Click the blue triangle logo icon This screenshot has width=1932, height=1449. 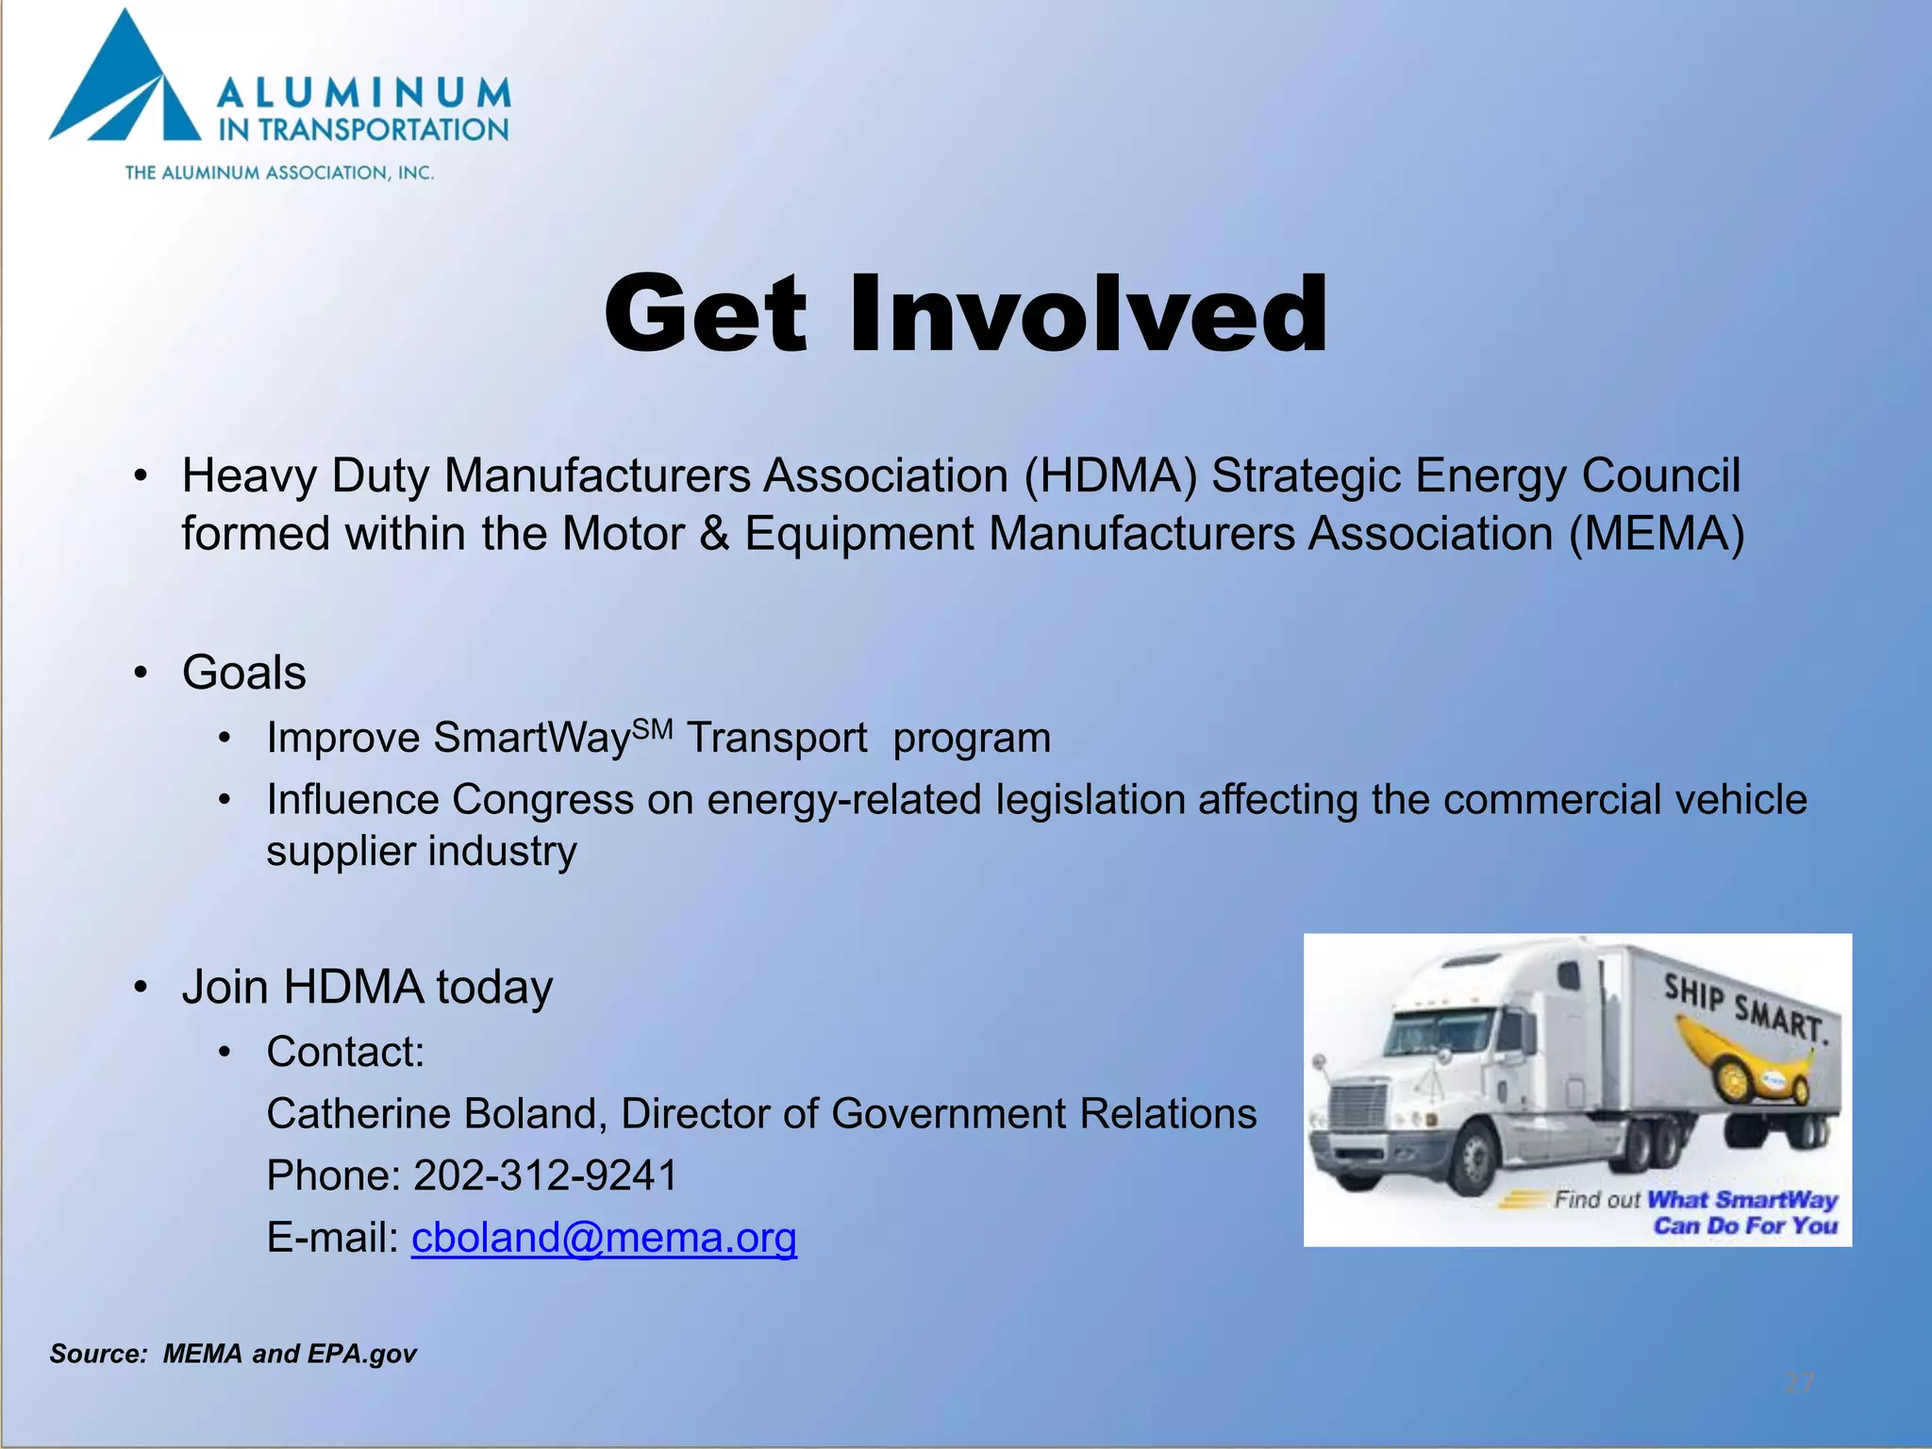[127, 85]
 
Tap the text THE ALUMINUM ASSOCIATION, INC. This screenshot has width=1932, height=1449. [279, 173]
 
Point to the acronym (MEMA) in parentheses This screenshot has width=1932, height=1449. [1657, 534]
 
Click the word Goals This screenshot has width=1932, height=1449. [244, 673]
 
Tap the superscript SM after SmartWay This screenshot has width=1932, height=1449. [653, 728]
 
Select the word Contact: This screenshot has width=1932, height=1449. [345, 1052]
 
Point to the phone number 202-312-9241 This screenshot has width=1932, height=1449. [545, 1176]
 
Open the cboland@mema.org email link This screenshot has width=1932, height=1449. [604, 1238]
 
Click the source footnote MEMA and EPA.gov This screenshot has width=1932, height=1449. [290, 1354]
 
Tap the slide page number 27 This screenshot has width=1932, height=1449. [1799, 1383]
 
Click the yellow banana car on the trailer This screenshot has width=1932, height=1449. [1745, 1061]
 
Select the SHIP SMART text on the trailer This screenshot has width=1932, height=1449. [1745, 1008]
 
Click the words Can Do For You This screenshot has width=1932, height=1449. [1745, 1225]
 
